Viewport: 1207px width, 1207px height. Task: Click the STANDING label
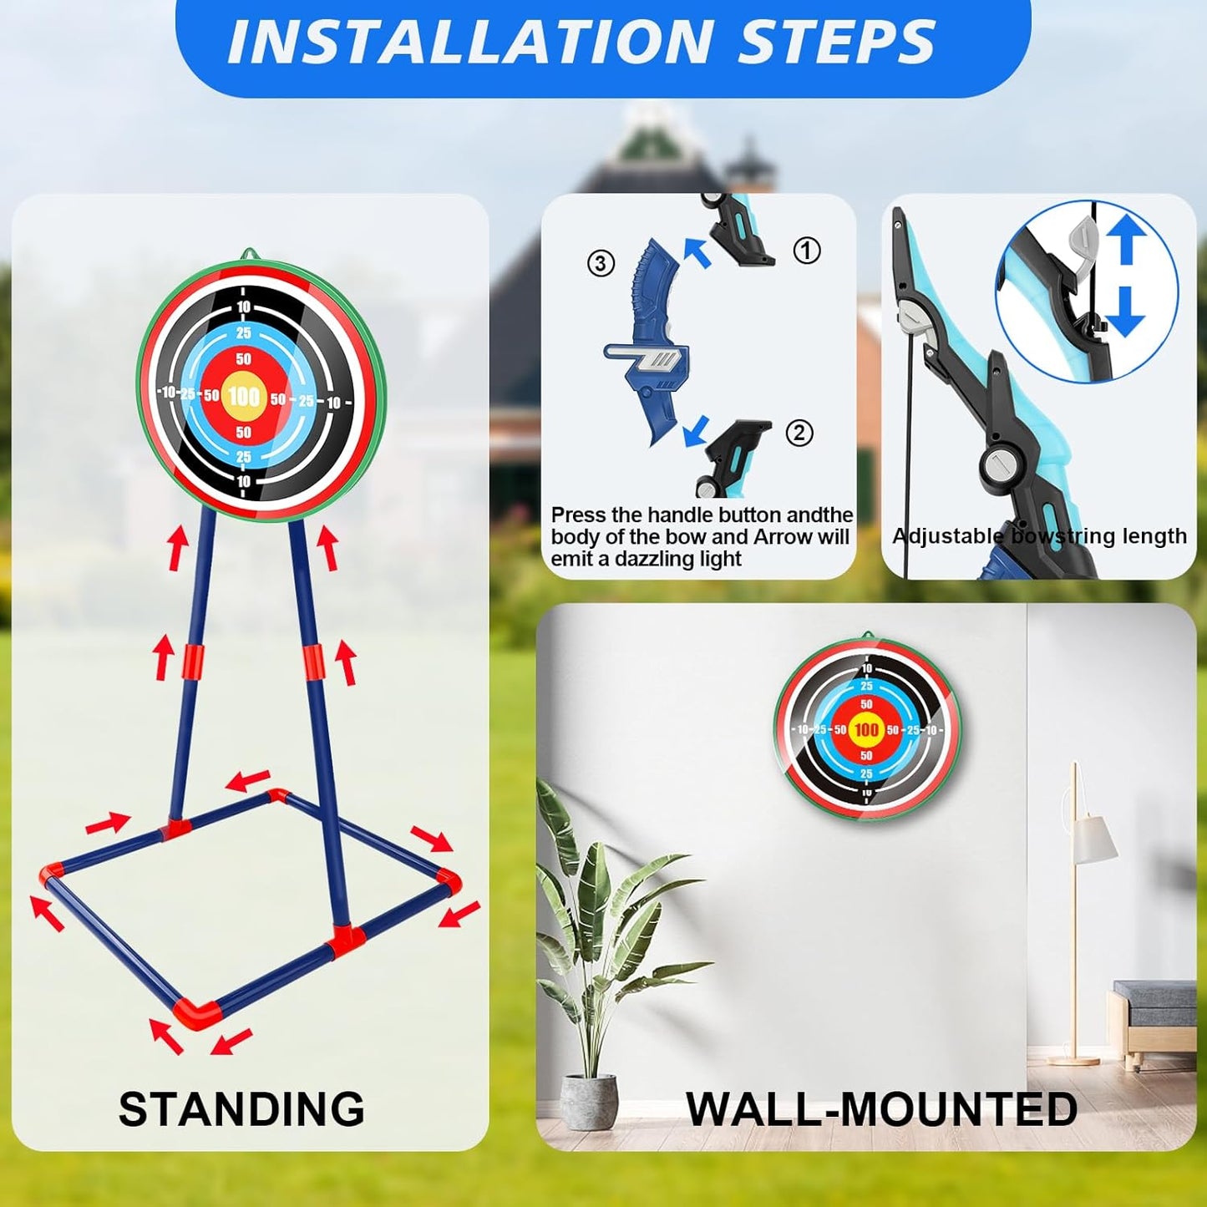(241, 1109)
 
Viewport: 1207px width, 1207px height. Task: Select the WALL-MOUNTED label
(881, 1109)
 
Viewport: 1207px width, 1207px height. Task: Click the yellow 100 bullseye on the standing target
(243, 395)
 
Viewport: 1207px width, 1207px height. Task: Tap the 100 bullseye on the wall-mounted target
(866, 730)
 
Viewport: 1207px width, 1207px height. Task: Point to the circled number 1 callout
(806, 250)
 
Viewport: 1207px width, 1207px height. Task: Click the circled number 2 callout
(799, 433)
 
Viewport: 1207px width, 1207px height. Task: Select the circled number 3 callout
(601, 263)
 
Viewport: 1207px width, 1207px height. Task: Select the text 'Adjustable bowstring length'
(1039, 535)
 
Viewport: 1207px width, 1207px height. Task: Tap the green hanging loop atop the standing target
(249, 254)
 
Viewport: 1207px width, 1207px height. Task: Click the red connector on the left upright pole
(192, 662)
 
